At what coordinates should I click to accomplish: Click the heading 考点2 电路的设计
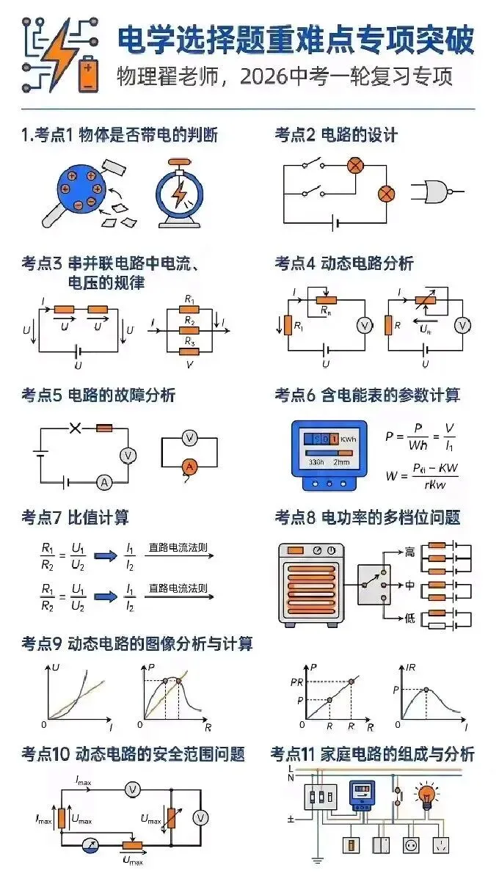point(336,135)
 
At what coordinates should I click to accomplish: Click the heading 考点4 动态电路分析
point(344,263)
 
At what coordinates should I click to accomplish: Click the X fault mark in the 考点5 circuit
point(75,428)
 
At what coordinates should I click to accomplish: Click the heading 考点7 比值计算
point(75,517)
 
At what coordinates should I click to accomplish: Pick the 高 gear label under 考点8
point(409,550)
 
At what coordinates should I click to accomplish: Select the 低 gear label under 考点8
point(409,618)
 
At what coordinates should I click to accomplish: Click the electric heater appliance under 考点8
point(310,584)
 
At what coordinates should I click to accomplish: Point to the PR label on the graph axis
point(296,683)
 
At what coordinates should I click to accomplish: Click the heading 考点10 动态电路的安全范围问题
point(133,754)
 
